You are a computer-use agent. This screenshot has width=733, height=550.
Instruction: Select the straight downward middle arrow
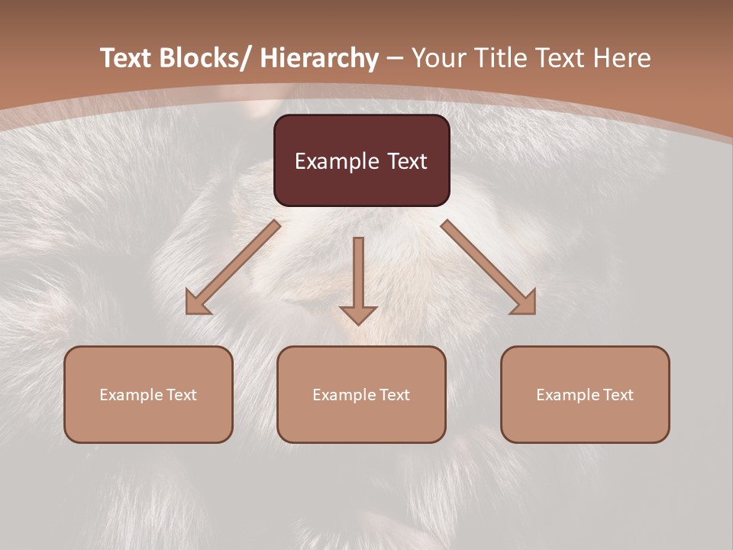click(x=358, y=275)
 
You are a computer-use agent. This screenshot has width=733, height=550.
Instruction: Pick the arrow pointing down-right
click(x=489, y=268)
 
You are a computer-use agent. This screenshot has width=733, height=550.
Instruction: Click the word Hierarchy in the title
click(x=319, y=58)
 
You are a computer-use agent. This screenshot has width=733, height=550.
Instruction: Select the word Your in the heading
click(x=438, y=58)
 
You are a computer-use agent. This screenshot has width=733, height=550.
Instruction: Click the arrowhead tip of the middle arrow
click(x=358, y=323)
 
